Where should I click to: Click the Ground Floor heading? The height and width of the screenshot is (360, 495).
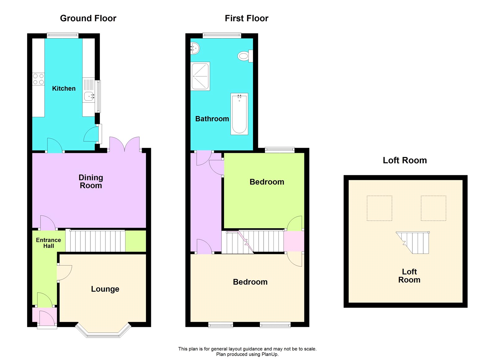(x=88, y=18)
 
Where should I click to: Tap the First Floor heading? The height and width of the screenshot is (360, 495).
(x=247, y=18)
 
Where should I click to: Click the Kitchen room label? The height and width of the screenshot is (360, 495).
(x=64, y=89)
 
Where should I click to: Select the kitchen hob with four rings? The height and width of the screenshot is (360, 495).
(x=38, y=79)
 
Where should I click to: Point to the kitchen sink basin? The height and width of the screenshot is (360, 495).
(x=89, y=97)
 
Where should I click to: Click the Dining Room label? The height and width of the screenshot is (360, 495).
(x=91, y=181)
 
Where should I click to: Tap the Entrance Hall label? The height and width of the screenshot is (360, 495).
(x=48, y=243)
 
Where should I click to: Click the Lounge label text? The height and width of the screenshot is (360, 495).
(x=105, y=289)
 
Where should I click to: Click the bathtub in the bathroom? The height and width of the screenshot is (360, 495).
(x=239, y=114)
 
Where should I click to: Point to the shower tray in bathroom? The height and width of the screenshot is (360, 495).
(x=200, y=76)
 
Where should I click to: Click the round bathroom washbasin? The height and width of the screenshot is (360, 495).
(x=195, y=48)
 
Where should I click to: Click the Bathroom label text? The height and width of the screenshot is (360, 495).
(x=212, y=119)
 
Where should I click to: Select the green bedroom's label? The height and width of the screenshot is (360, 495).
(x=267, y=182)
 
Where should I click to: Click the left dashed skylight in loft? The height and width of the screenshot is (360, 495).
(x=379, y=208)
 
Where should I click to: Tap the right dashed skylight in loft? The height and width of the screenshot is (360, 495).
(x=433, y=208)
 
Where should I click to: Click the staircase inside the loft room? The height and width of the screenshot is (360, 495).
(x=415, y=242)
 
